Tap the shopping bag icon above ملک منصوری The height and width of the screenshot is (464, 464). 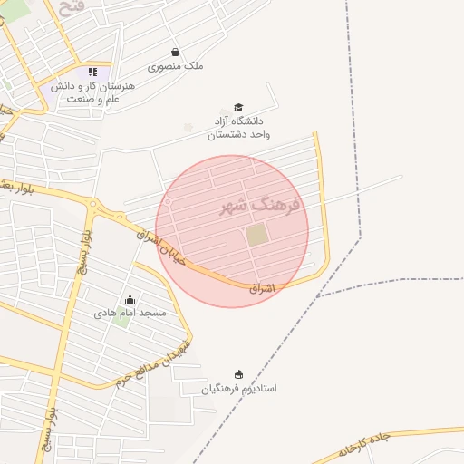[x=175, y=53]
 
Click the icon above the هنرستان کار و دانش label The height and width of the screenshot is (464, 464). [x=92, y=72]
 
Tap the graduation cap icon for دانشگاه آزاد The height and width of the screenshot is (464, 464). [x=238, y=108]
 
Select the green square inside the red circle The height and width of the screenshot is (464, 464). [x=257, y=235]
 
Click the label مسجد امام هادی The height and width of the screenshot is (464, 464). [x=130, y=313]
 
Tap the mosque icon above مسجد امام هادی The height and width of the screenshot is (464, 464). [x=130, y=300]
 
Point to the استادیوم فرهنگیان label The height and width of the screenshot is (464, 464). [x=239, y=388]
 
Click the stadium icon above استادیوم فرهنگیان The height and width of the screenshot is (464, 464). [x=239, y=374]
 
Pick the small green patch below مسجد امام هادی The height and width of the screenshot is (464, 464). [x=121, y=322]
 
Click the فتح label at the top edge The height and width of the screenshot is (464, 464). [x=70, y=7]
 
